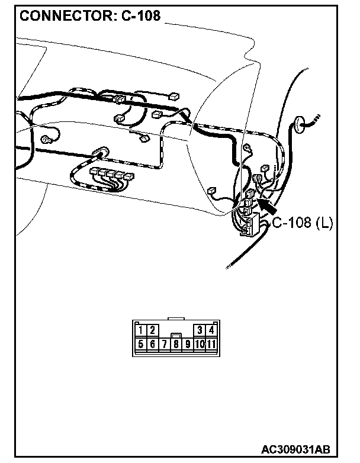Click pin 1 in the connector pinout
(141, 330)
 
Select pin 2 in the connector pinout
(152, 330)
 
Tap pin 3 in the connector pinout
(200, 330)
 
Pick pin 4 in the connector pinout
(211, 330)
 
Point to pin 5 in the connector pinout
(141, 343)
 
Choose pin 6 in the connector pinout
(152, 343)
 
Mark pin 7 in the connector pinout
(164, 343)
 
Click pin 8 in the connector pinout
(176, 343)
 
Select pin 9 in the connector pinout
(188, 343)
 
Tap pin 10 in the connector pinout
(200, 343)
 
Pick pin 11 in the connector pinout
(211, 343)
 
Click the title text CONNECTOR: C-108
(90, 16)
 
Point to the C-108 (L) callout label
(303, 223)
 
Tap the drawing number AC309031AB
(295, 449)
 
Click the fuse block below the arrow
(249, 226)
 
